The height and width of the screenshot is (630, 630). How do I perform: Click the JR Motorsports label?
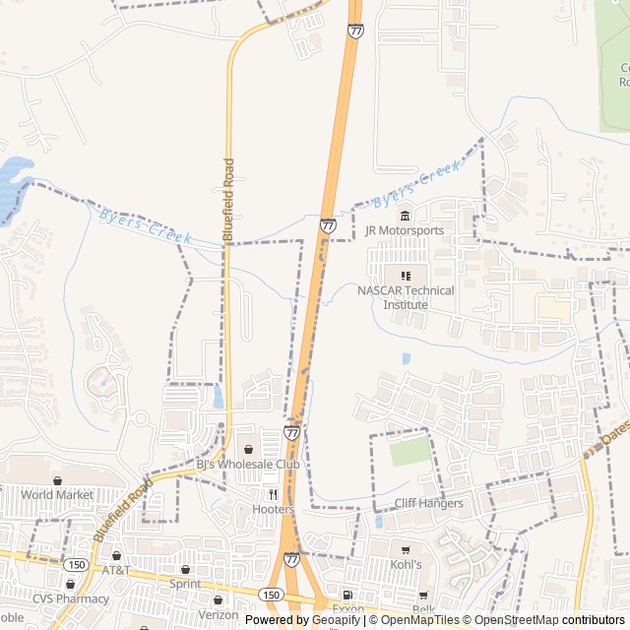coord(404,230)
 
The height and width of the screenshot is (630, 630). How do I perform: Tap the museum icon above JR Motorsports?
coord(404,216)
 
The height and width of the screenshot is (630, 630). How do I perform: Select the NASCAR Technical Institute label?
coord(406,297)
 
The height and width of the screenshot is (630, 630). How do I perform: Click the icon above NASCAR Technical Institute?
coord(406,276)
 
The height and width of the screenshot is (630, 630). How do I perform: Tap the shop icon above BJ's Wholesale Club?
coord(248,449)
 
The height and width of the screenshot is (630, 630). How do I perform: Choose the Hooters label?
coord(273,509)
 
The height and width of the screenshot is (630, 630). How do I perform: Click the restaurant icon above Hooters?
coord(273,494)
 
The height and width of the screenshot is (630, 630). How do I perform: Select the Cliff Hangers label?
coord(428,503)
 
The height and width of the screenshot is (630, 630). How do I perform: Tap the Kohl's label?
coord(405,565)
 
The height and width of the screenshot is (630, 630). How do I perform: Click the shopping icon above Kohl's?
coord(405,550)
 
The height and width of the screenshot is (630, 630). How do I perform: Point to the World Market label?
coord(57,494)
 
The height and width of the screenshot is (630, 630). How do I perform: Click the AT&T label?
coord(116,570)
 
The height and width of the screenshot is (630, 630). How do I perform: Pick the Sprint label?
coord(185,584)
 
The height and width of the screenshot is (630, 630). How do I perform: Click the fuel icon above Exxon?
coord(347,596)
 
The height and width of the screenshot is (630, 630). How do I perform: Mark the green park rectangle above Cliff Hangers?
coord(410,451)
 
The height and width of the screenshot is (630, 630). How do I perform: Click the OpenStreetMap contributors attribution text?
coord(559,620)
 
